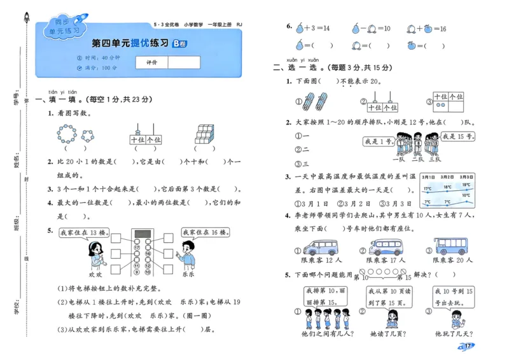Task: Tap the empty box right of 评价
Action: point(184,62)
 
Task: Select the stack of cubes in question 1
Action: point(206,134)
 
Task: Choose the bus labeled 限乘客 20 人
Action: point(452,246)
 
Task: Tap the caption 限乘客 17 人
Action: point(386,260)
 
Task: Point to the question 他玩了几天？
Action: point(452,333)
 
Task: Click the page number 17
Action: point(467,346)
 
